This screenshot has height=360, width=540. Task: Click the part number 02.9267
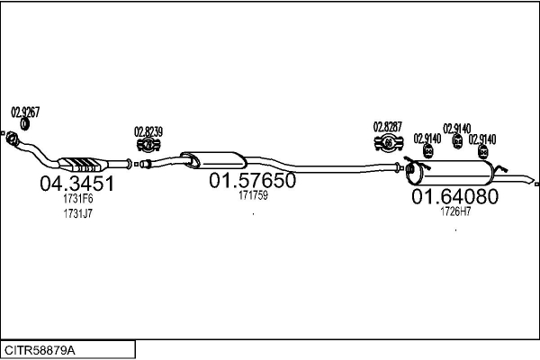tap(25, 112)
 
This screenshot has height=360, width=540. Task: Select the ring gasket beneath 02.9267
tap(25, 124)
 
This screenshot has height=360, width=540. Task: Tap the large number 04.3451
tap(76, 184)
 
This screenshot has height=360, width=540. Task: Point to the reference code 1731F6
tap(77, 199)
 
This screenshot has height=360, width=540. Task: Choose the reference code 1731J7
tap(77, 213)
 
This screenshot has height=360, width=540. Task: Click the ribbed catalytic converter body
tap(83, 164)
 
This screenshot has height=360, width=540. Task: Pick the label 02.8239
tap(148, 131)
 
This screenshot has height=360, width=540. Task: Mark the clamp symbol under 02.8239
tap(148, 145)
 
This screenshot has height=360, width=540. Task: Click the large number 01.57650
tap(252, 180)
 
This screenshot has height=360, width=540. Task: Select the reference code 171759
tap(253, 195)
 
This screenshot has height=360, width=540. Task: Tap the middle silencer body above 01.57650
tap(213, 160)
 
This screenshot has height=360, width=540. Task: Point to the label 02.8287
tap(388, 127)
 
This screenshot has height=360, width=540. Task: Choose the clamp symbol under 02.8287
tap(389, 142)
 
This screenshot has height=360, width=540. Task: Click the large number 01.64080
tap(454, 196)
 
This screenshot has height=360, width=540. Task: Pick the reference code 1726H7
tap(455, 211)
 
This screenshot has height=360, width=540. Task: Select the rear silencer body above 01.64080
tap(450, 173)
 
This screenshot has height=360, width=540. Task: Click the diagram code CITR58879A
tap(40, 351)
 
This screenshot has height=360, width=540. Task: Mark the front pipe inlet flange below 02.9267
tap(13, 138)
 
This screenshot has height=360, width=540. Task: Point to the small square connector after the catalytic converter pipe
tap(137, 165)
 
